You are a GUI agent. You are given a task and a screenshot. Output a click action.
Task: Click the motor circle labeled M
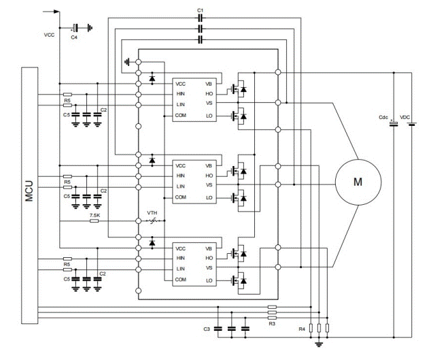click(x=358, y=182)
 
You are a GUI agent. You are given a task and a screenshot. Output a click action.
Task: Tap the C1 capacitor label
click(x=199, y=10)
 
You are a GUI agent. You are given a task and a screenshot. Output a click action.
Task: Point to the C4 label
click(x=74, y=37)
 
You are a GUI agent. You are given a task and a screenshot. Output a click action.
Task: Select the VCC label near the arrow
click(x=50, y=34)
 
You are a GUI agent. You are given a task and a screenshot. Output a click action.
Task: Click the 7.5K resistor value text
click(x=95, y=215)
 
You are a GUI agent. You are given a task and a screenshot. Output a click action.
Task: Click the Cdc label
click(x=383, y=118)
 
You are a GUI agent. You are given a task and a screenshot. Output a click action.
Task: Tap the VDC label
click(x=406, y=118)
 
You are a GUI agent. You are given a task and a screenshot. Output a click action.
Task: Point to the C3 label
click(x=207, y=329)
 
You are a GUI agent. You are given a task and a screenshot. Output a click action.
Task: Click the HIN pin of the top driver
click(x=180, y=94)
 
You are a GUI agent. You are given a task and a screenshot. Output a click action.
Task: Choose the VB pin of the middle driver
click(x=209, y=165)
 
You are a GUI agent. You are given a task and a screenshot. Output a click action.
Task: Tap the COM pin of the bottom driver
click(x=180, y=280)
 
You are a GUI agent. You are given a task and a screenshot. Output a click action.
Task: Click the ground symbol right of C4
click(x=90, y=27)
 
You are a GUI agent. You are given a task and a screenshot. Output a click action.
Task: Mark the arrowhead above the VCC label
click(x=56, y=12)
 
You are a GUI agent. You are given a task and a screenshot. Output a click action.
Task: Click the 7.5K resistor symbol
click(x=95, y=223)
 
